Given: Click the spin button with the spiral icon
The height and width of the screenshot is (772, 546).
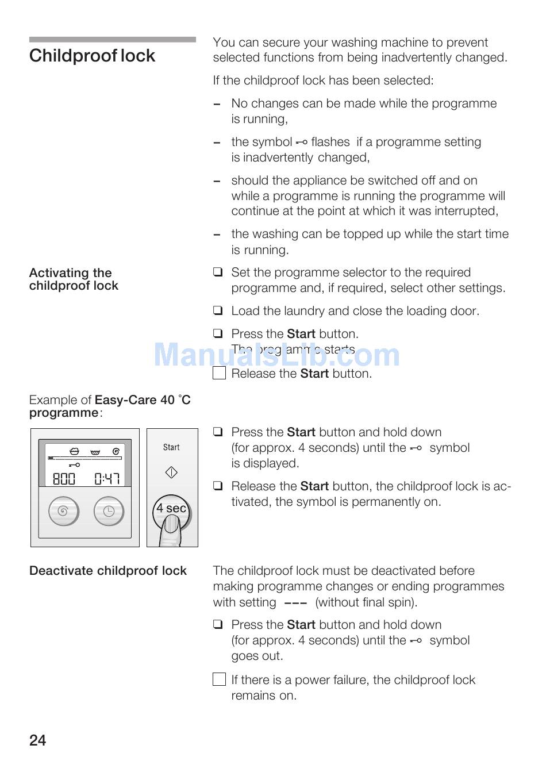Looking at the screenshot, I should [63, 511].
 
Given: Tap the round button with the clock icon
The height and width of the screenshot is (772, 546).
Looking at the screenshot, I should [109, 511].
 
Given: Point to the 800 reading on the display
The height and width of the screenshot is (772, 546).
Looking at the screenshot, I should [64, 478].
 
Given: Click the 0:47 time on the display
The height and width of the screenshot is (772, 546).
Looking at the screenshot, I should [107, 478].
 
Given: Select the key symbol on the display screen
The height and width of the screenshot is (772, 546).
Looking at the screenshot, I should [74, 464].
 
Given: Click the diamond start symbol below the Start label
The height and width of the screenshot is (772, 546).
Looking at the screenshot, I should [171, 473].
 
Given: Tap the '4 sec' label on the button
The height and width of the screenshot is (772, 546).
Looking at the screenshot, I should [171, 508].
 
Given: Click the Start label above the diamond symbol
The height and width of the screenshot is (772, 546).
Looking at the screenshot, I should [171, 447].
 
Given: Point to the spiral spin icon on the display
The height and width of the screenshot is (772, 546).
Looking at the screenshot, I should [116, 451].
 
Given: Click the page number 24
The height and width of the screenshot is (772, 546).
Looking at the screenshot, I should [37, 740].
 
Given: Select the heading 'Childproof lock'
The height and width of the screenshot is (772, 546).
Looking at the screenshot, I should [92, 56].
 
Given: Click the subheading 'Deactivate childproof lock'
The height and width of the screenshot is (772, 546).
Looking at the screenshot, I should [108, 571].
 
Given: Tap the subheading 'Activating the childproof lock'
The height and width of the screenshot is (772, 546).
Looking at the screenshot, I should [74, 279].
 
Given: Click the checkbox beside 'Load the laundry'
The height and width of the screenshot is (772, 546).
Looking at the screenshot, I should [218, 311].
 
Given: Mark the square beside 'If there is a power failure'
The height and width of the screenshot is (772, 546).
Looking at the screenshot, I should [219, 679].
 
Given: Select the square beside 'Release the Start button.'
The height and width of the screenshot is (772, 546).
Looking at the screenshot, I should [219, 373].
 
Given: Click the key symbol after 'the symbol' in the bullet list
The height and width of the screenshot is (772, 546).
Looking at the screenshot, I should [302, 142].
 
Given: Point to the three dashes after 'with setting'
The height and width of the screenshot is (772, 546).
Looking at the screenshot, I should [295, 603].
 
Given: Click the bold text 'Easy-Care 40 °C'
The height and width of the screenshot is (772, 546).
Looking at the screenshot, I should [143, 400].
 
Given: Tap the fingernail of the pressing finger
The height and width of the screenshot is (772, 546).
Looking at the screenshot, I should [171, 524].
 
